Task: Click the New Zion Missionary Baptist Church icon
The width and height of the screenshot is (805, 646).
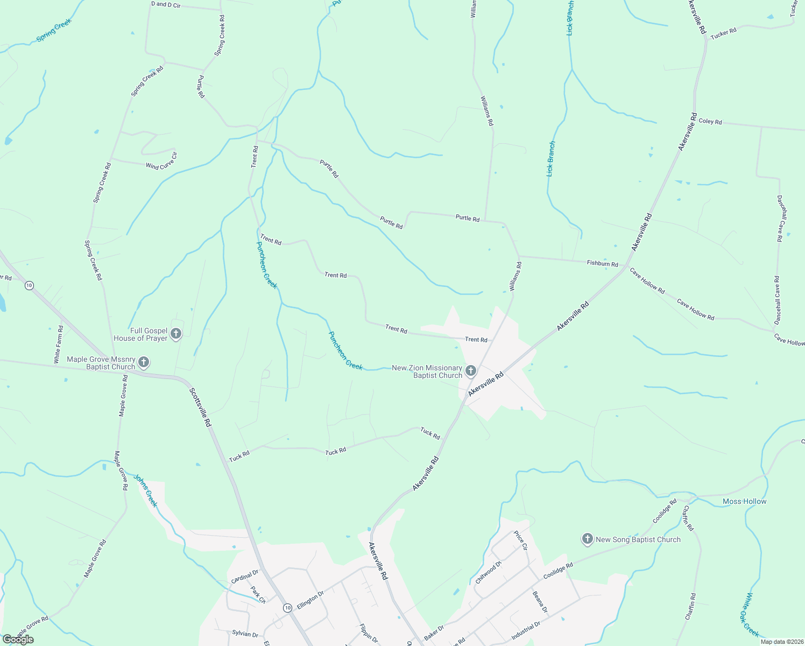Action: click(x=471, y=370)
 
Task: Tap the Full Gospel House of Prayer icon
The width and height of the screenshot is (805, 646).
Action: click(x=175, y=334)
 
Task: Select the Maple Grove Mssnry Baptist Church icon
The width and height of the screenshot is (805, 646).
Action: click(x=144, y=362)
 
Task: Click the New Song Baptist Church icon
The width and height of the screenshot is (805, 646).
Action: click(x=588, y=539)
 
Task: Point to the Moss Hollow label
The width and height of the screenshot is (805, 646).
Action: click(x=744, y=501)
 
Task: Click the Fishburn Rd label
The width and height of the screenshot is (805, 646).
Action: click(x=602, y=263)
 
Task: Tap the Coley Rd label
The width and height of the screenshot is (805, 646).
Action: click(x=710, y=122)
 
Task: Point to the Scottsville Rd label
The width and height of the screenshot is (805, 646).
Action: click(x=200, y=408)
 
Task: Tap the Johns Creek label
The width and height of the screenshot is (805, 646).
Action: click(x=145, y=490)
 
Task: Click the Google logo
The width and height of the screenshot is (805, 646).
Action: click(x=18, y=639)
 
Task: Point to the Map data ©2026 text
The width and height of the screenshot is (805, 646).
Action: click(x=781, y=641)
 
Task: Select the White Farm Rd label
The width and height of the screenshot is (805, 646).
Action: click(x=58, y=344)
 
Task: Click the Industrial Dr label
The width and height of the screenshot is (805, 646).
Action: click(x=526, y=631)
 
